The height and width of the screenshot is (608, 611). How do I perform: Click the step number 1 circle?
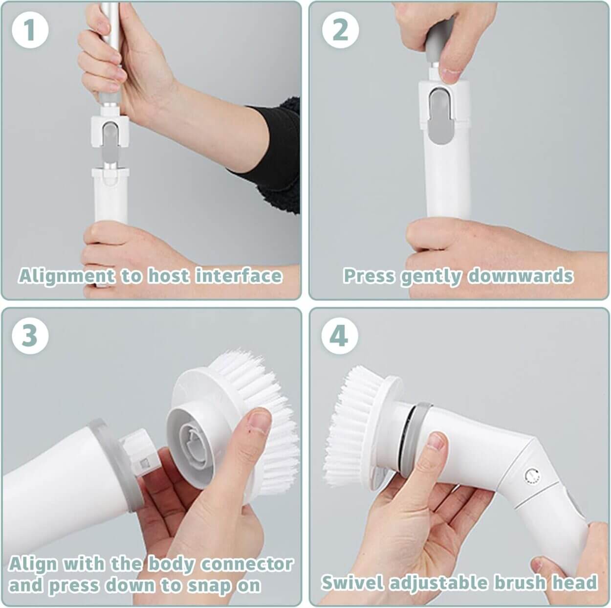30,30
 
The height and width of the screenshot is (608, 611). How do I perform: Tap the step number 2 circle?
340,30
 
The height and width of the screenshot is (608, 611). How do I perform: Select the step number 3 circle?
30,336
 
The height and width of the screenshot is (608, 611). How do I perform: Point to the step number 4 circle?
340,336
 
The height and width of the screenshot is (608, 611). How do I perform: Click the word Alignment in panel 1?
66,276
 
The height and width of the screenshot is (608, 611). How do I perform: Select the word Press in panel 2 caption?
369,275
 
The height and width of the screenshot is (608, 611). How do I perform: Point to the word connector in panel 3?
247,564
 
